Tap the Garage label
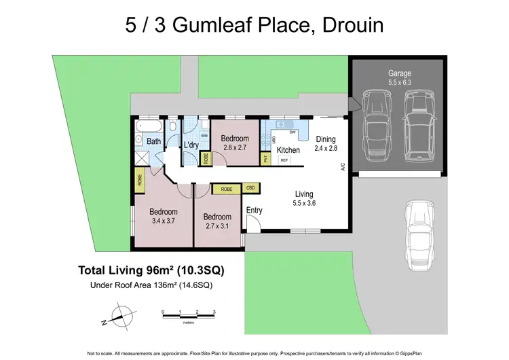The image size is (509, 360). pos(399,73)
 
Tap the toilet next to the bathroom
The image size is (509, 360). pos(173,127)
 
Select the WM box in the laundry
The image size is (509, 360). pos(204,136)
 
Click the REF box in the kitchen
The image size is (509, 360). pos(284,160)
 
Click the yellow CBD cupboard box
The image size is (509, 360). pos(250,188)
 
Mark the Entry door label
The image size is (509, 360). pos(254,211)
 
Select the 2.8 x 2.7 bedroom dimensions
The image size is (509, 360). pos(235,147)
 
